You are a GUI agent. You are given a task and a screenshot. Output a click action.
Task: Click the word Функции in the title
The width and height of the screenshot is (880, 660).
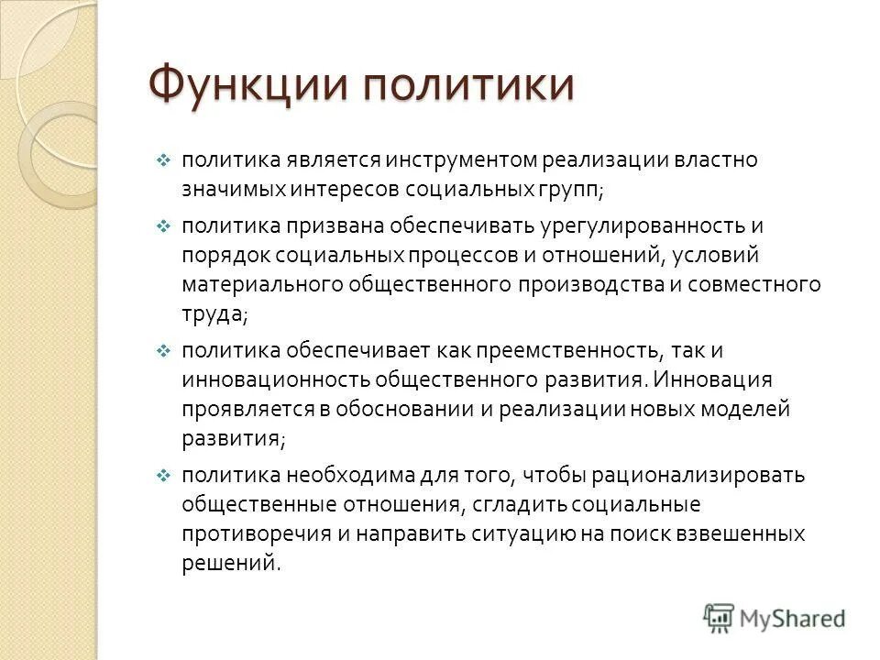coord(246,86)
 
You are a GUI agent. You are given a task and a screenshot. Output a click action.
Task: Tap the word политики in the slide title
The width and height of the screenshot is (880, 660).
coord(468,86)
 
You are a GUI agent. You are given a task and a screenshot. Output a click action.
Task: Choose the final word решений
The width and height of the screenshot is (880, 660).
coord(228,563)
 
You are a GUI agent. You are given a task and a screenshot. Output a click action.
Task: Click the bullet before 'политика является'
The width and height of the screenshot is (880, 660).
coord(163,161)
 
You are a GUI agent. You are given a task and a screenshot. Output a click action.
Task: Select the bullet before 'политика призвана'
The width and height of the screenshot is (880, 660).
coord(163,226)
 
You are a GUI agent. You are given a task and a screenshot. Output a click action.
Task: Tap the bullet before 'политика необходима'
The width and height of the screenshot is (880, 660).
coord(163,477)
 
